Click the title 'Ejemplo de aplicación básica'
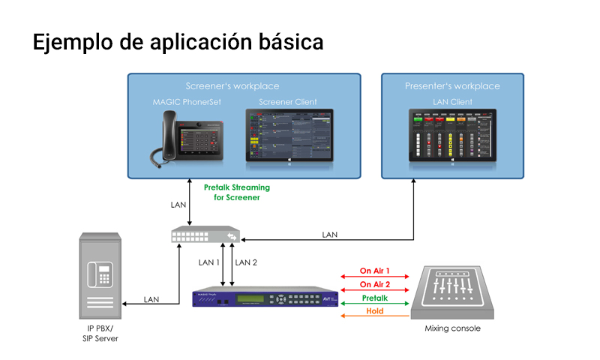pyautogui.click(x=178, y=42)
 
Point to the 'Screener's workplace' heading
pyautogui.click(x=232, y=86)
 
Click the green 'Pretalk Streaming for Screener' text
pyautogui.click(x=236, y=192)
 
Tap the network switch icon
pyautogui.click(x=205, y=235)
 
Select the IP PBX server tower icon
pyautogui.click(x=100, y=277)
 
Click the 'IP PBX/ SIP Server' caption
pyautogui.click(x=100, y=334)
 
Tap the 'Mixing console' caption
pyautogui.click(x=452, y=328)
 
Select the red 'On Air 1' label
pyautogui.click(x=375, y=271)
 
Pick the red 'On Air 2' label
pyautogui.click(x=375, y=284)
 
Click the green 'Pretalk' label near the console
pyautogui.click(x=375, y=298)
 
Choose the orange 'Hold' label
pyautogui.click(x=375, y=310)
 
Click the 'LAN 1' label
pyautogui.click(x=209, y=262)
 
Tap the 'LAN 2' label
pyautogui.click(x=246, y=262)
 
